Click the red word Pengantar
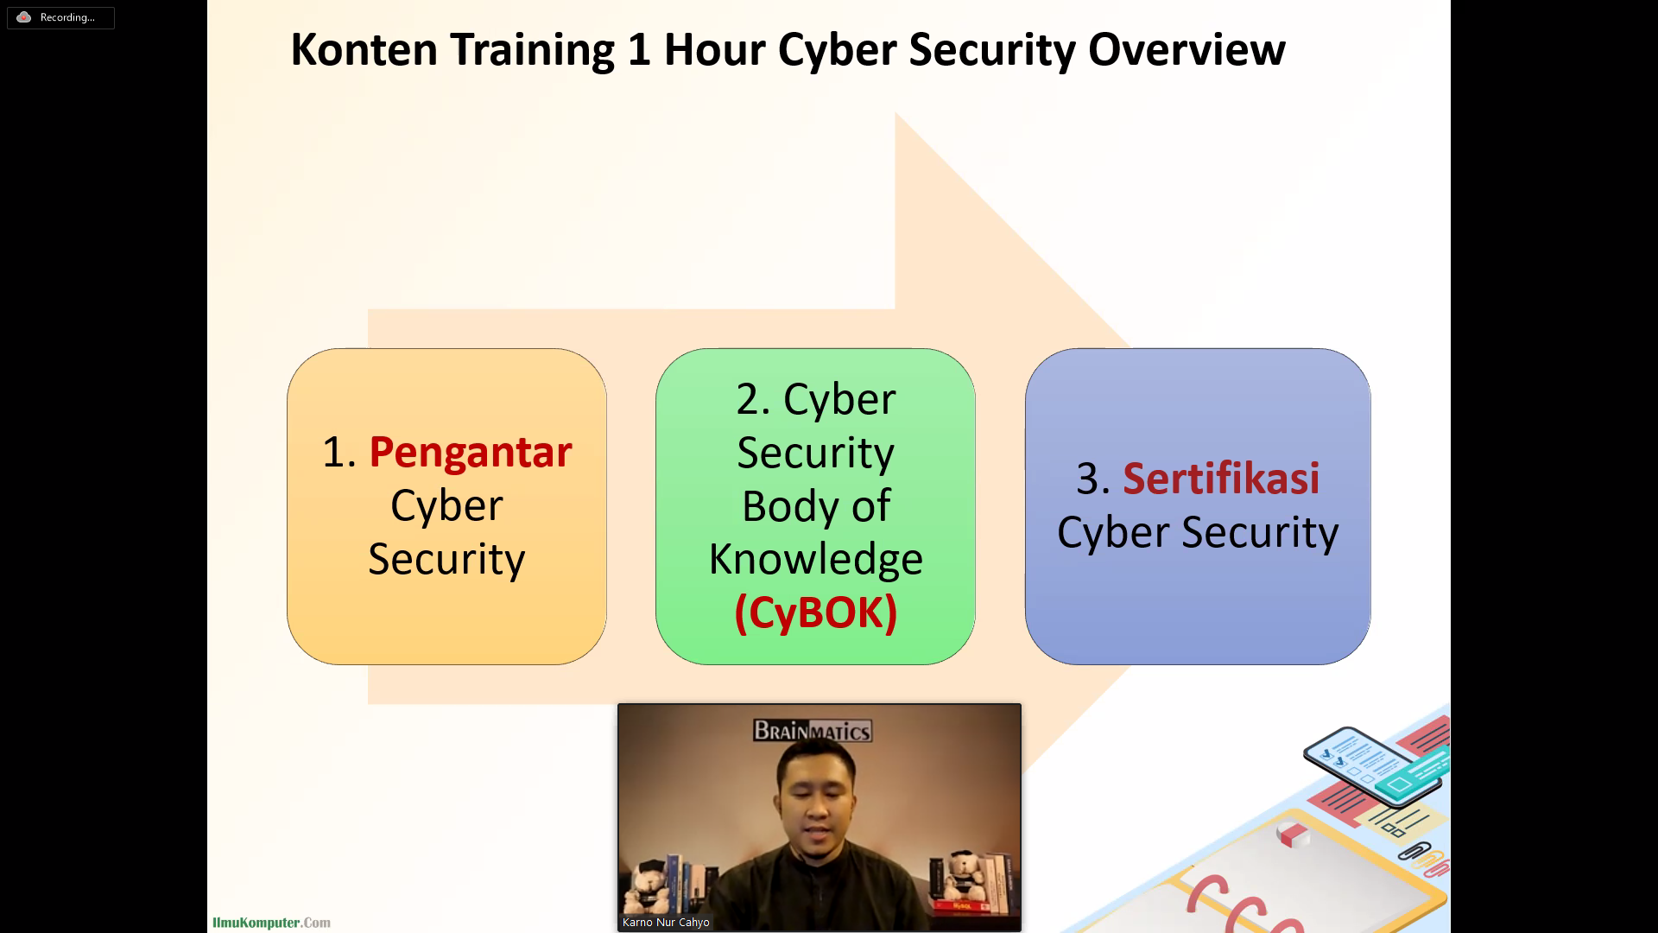tap(471, 453)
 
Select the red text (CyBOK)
tap(816, 612)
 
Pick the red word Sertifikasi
tap(1221, 478)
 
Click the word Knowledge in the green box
tap(816, 560)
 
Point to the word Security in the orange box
tap(446, 560)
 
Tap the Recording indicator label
tap(67, 17)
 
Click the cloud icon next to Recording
tap(24, 17)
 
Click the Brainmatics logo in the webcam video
tap(813, 731)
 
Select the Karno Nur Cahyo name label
tap(666, 922)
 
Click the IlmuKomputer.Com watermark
tap(271, 923)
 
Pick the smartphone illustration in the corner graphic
tap(1373, 765)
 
